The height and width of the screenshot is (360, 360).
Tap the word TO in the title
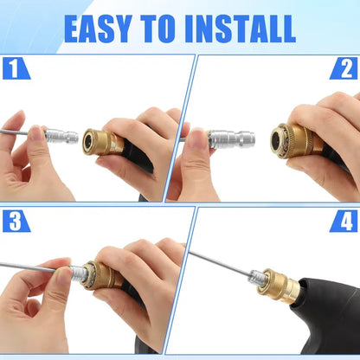158,28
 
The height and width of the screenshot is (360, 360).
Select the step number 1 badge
15,68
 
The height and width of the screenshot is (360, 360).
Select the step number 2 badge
344,68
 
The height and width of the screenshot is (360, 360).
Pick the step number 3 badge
15,221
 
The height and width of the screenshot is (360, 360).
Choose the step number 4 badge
344,221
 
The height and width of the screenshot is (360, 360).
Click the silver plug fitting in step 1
62,136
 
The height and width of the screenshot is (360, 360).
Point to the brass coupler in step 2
292,139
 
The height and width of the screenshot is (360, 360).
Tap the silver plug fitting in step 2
231,138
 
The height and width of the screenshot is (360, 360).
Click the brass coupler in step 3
102,276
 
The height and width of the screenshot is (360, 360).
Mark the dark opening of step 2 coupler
279,140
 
